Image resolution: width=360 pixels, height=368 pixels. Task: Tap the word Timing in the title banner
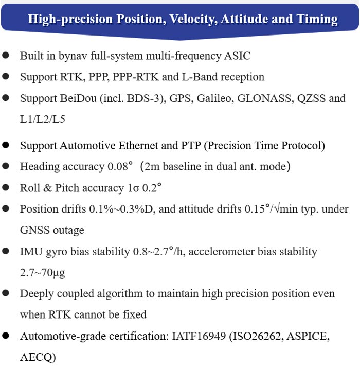coord(318,20)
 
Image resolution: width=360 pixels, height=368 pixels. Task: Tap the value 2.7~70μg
coord(43,273)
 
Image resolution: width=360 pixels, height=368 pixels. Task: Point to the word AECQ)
coord(38,357)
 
